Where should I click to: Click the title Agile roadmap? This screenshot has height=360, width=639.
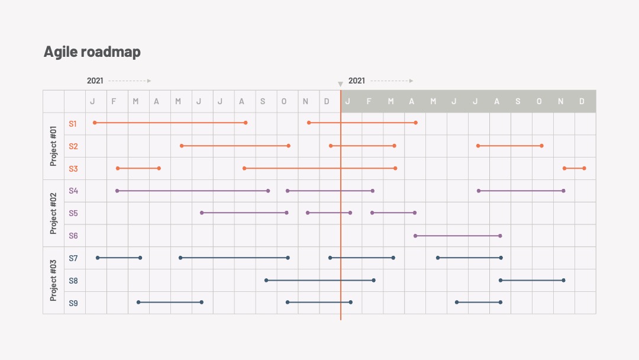click(x=92, y=52)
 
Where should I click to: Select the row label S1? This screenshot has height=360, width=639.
click(x=73, y=124)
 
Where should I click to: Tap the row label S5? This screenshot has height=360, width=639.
click(x=73, y=213)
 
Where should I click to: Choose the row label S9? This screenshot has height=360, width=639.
click(x=73, y=303)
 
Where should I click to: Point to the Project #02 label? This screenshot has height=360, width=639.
click(x=53, y=213)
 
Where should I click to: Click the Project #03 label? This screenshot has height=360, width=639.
click(x=53, y=281)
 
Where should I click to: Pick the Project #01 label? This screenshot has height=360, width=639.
click(x=53, y=146)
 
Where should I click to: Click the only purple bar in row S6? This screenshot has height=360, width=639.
click(x=457, y=236)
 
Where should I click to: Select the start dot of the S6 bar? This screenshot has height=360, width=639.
click(x=415, y=236)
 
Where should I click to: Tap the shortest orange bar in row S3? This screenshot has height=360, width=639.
click(x=574, y=168)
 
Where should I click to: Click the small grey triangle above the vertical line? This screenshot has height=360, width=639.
click(x=340, y=84)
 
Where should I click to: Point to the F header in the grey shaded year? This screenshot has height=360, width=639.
click(x=369, y=101)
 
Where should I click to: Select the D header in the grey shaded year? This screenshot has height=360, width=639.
click(x=582, y=101)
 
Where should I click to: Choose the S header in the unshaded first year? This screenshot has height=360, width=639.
click(x=263, y=101)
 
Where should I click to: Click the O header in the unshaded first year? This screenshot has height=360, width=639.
click(x=283, y=101)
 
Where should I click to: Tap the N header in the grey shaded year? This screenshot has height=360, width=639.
click(x=560, y=101)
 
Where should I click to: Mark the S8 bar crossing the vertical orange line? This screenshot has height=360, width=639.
click(x=320, y=280)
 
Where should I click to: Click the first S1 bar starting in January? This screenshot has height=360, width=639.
click(x=170, y=123)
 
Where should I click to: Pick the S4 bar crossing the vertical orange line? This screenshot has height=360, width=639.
click(x=330, y=191)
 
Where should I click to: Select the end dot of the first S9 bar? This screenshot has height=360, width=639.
click(x=202, y=302)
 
